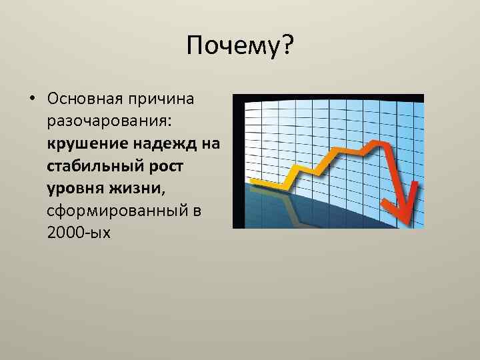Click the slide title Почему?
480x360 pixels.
pyautogui.click(x=240, y=47)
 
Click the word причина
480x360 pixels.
pyautogui.click(x=159, y=99)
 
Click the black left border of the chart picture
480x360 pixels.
pyautogui.click(x=235, y=160)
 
